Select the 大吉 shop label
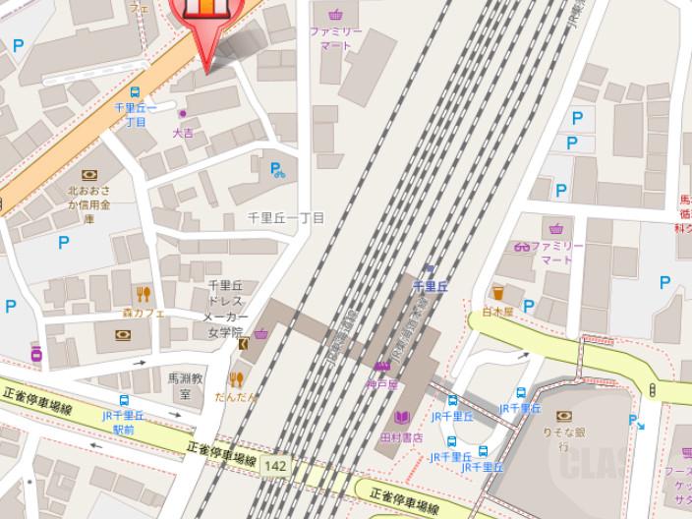coord(184,132)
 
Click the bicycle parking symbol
coord(278,170)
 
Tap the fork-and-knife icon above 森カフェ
coord(144,293)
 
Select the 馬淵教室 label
coord(184,384)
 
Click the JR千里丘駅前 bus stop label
coord(124,423)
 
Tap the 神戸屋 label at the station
coord(379,384)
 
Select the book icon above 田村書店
coord(401,418)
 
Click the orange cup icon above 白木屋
coord(498,293)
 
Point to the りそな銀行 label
coord(564,437)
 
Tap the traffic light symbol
coord(652,390)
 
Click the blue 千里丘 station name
coord(430,285)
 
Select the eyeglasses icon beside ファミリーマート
coord(521,246)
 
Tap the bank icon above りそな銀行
coord(563,416)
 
